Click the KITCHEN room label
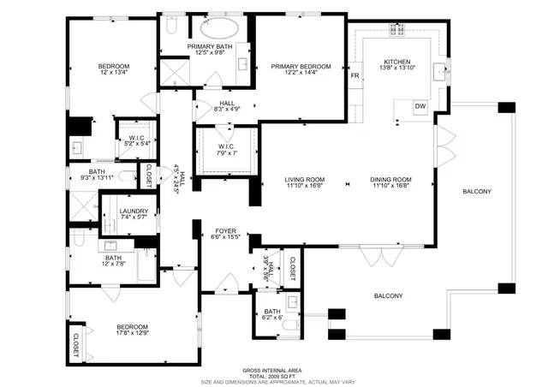397,62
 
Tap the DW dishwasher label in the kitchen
420,106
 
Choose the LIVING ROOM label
305,180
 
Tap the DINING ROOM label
390,180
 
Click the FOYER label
225,229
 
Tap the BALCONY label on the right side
477,192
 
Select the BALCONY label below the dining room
388,296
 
